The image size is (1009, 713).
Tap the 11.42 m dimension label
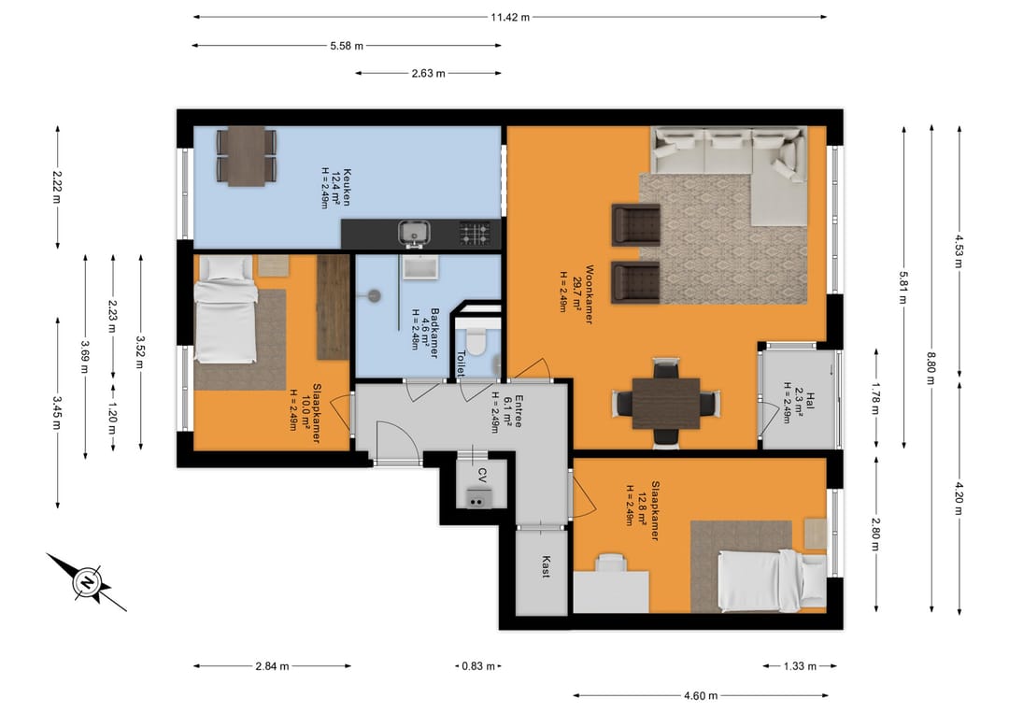[510, 17]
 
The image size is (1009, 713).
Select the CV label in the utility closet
[482, 475]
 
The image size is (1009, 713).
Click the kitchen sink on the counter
[413, 231]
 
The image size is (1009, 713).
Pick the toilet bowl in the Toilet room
[476, 345]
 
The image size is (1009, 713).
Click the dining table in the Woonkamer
[665, 403]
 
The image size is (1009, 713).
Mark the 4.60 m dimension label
[700, 695]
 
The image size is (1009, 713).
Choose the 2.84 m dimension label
[272, 666]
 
